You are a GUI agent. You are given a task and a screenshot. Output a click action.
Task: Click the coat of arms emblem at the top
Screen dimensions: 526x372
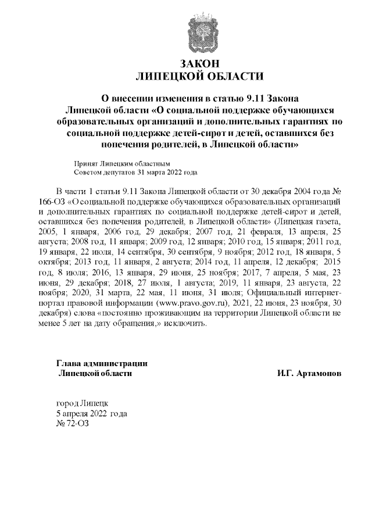[x=199, y=31]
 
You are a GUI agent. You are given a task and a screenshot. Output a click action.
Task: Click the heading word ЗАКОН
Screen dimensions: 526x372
[x=199, y=63]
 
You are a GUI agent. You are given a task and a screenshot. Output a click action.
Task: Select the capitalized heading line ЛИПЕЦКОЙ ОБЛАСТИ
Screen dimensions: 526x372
[x=199, y=76]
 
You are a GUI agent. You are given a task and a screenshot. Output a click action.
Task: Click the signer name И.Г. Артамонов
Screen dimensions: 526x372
[x=309, y=372]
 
